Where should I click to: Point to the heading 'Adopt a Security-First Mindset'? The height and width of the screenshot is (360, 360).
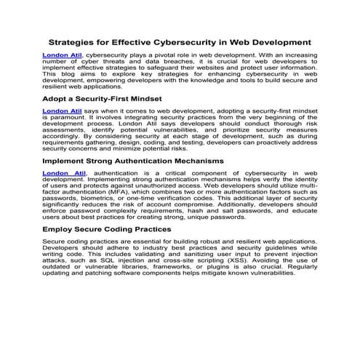pyautogui.click(x=102, y=97)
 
